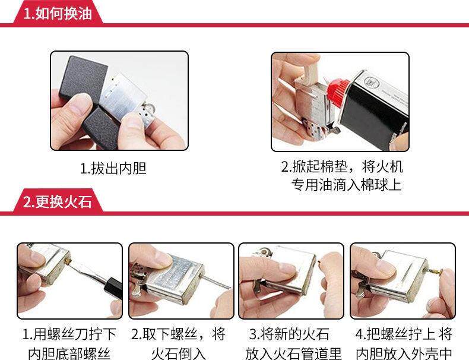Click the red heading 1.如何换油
(58, 14)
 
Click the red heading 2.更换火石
(58, 202)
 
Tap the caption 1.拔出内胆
(113, 168)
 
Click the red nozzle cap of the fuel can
(338, 90)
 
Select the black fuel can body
(374, 110)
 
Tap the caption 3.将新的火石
(289, 334)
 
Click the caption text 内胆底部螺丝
(69, 353)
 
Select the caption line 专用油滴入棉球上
(346, 185)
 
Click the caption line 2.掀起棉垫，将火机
(342, 166)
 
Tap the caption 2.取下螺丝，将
(178, 334)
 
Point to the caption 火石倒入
(179, 353)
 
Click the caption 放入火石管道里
(293, 353)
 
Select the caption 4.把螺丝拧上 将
(404, 334)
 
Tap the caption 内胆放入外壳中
(404, 353)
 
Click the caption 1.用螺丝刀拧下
(69, 334)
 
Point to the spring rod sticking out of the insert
(216, 282)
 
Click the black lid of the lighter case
(83, 78)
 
